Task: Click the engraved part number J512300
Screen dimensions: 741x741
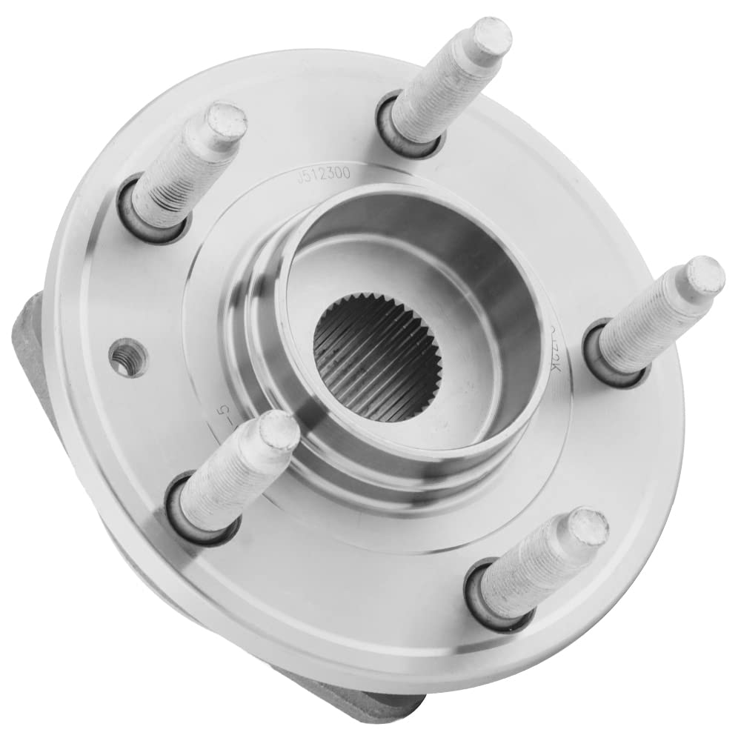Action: click(x=323, y=176)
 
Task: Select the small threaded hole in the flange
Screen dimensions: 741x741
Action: click(x=128, y=358)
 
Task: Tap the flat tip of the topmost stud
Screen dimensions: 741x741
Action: click(x=491, y=36)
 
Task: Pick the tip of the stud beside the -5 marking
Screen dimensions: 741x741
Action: click(x=279, y=431)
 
